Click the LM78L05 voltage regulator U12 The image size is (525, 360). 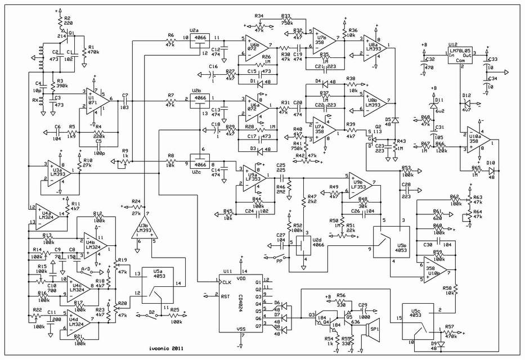click(x=460, y=55)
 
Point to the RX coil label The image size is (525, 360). click(x=35, y=102)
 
